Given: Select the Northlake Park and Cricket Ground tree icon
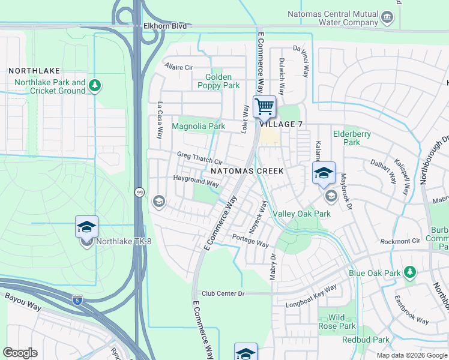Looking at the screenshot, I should pyautogui.click(x=94, y=86).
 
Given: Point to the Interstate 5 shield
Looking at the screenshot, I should pyautogui.click(x=77, y=299).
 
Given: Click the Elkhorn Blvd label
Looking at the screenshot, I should pyautogui.click(x=166, y=26).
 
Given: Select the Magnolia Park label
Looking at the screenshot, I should pyautogui.click(x=198, y=127).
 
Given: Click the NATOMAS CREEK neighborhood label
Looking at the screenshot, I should pyautogui.click(x=247, y=171).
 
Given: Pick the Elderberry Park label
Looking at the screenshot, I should pyautogui.click(x=352, y=139).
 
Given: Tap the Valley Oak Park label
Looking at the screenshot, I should pyautogui.click(x=301, y=214).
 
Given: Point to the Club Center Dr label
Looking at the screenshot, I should pyautogui.click(x=223, y=293).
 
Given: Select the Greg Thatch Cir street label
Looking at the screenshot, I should pyautogui.click(x=199, y=158).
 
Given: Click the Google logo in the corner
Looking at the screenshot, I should pyautogui.click(x=20, y=353).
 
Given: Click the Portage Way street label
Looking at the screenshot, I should pyautogui.click(x=250, y=240).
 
